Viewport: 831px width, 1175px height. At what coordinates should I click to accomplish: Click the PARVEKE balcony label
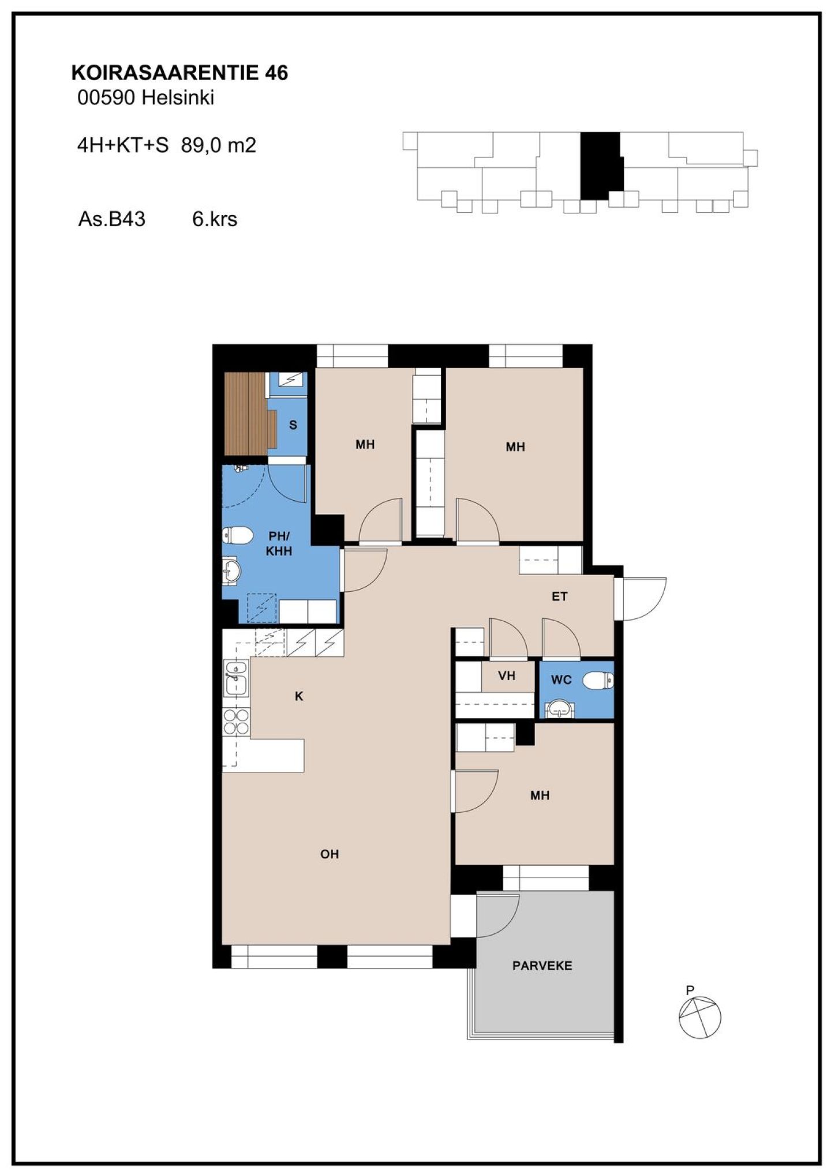point(542,966)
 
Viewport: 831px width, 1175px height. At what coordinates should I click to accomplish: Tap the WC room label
point(561,680)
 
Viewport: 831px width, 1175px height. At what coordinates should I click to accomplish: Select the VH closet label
point(507,675)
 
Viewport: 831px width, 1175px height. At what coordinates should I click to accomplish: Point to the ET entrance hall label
point(559,596)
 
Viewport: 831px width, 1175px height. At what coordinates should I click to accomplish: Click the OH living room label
point(330,854)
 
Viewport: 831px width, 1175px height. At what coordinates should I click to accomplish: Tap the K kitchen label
point(299,696)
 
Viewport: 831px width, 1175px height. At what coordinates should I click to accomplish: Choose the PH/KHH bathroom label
point(279,543)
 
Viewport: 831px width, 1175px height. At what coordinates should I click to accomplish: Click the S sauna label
point(293,425)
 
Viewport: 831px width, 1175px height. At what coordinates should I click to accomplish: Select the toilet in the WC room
point(598,681)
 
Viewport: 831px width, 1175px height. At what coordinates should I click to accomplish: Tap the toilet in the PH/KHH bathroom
point(237,535)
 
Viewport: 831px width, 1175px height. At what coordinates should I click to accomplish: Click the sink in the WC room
point(560,708)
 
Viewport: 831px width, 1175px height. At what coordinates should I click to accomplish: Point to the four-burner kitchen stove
point(236,722)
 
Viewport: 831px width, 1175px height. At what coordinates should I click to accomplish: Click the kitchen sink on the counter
point(236,678)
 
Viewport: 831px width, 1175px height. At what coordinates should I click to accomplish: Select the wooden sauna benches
point(246,414)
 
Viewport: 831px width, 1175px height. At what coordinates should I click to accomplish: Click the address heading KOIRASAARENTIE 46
point(179,73)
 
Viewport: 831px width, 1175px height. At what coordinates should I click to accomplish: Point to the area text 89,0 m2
point(218,145)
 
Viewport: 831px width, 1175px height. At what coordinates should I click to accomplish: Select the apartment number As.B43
point(111,219)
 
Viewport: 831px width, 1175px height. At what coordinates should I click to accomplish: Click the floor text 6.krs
point(215,219)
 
